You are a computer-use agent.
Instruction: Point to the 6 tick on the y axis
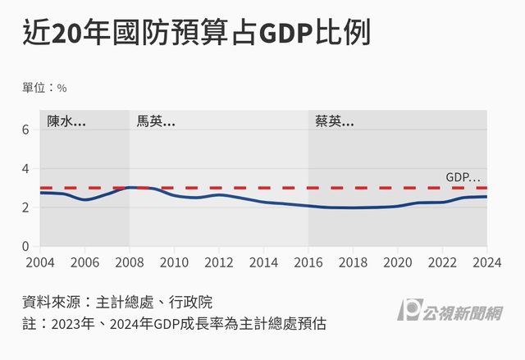(x=26, y=130)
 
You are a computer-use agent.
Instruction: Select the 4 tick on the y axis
(x=26, y=168)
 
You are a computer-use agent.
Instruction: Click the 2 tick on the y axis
(x=26, y=207)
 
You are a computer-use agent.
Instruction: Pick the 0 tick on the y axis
(x=26, y=246)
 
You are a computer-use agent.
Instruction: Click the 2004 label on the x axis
(x=40, y=262)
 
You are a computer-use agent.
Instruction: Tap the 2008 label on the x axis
(x=130, y=262)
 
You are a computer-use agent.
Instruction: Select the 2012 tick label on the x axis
(x=219, y=262)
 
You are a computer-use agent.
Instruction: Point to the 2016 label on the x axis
(x=308, y=262)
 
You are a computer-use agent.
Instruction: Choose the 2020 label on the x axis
(x=398, y=262)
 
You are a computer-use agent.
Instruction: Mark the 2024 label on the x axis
(x=486, y=262)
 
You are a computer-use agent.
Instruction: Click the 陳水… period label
(x=66, y=121)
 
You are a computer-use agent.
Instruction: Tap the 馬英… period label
(x=156, y=121)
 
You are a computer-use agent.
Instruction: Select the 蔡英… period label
(x=335, y=121)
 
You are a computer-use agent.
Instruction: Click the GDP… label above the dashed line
(x=463, y=176)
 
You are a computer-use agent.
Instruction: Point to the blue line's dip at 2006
(x=84, y=200)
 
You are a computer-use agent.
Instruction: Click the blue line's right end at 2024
(x=486, y=197)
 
